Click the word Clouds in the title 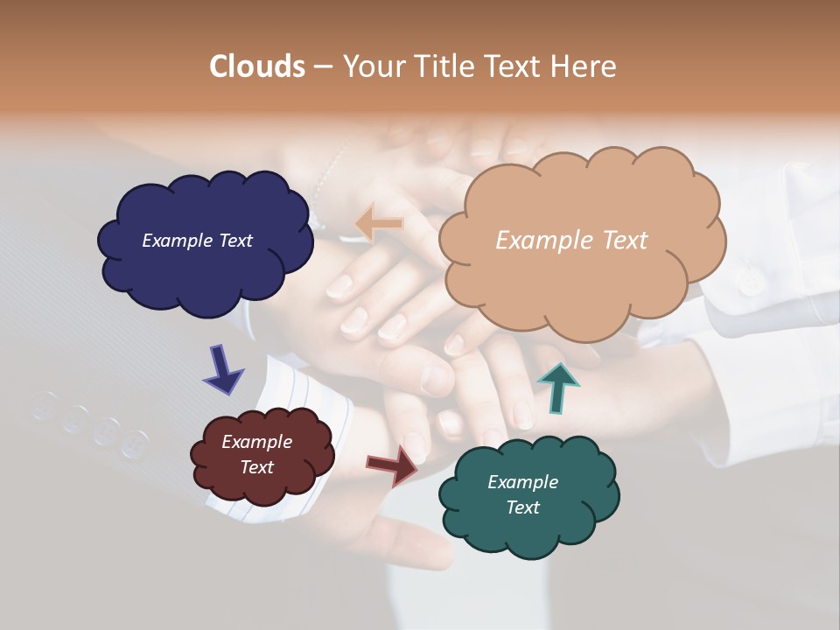point(257,66)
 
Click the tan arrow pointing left point(379,223)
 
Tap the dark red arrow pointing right point(392,465)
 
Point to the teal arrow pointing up point(558,387)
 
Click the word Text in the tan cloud point(617,241)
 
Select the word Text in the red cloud point(256,467)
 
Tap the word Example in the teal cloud point(522,482)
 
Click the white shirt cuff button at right point(750,282)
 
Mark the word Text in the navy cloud point(235,241)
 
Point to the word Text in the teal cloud point(522,507)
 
